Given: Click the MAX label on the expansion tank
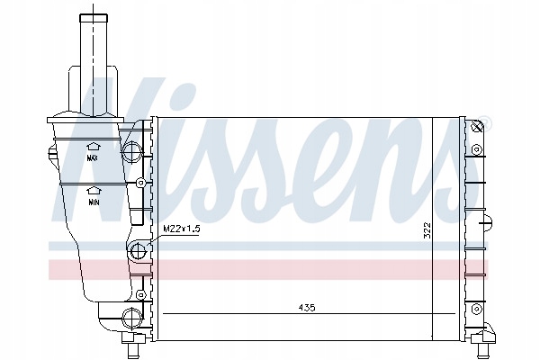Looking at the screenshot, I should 92,157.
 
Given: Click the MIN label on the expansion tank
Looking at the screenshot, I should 92,203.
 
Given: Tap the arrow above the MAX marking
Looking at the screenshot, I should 92,145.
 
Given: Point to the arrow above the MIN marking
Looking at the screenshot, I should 92,190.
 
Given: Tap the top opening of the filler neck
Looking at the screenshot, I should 92,14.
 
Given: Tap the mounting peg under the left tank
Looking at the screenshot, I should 136,346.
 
